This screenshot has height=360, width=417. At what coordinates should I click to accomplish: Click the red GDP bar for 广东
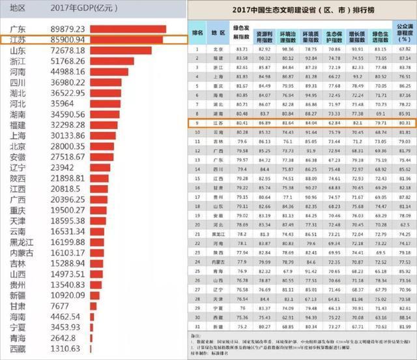click(128, 29)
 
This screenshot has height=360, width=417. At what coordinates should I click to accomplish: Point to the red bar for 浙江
click(112, 61)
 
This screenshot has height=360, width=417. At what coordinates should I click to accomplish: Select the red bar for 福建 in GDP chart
click(104, 123)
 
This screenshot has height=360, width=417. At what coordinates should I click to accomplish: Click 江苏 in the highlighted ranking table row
click(216, 122)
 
